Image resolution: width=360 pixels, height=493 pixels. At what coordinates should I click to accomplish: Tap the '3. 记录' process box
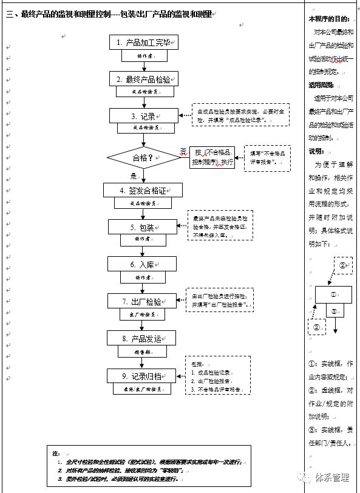(x=143, y=115)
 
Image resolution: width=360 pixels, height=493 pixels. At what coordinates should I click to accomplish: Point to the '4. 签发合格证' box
(x=143, y=190)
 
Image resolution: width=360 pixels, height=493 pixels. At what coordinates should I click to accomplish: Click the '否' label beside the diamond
(x=183, y=151)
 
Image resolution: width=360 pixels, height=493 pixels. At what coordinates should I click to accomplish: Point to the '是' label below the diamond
(x=134, y=176)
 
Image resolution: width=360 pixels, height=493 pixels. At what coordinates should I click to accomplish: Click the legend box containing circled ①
(x=333, y=294)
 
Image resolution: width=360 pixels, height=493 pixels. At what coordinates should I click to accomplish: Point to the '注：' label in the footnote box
(x=56, y=453)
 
